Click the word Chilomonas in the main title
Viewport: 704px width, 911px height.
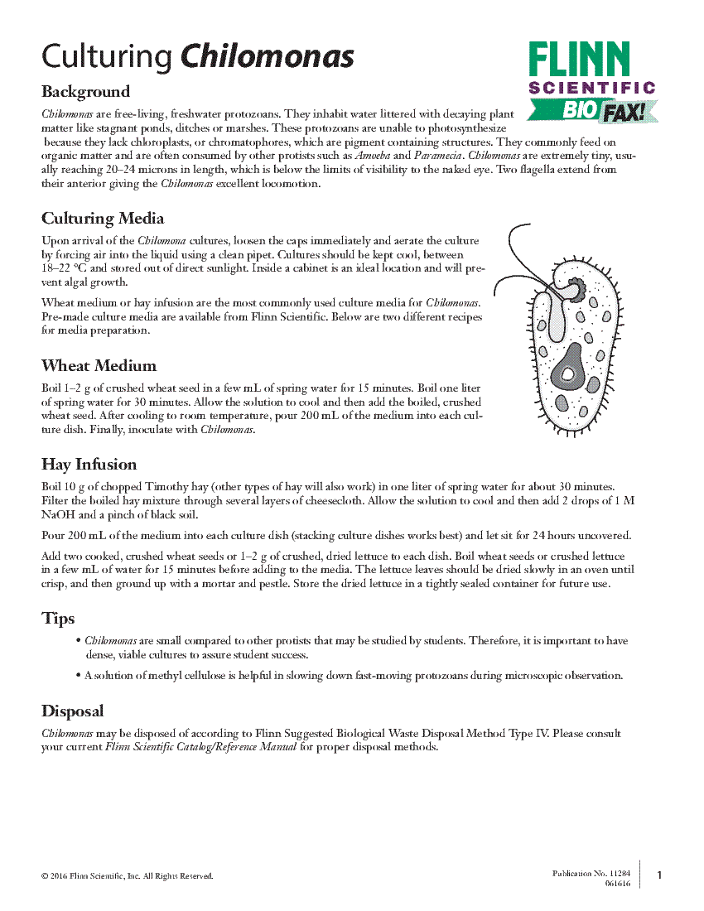268,56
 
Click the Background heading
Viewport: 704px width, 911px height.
85,91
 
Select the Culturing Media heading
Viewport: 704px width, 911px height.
103,218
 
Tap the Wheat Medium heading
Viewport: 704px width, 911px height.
99,365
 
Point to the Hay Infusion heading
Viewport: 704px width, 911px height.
89,464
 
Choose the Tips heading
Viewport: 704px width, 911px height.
58,619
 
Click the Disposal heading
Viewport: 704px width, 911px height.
73,711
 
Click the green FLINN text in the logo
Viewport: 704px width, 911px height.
579,60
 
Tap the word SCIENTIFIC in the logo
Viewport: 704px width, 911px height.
591,88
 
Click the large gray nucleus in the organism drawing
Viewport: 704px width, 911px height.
569,370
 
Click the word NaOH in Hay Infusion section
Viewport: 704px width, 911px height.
58,514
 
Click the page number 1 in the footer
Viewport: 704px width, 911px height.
659,875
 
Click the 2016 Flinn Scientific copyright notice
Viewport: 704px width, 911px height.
128,875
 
